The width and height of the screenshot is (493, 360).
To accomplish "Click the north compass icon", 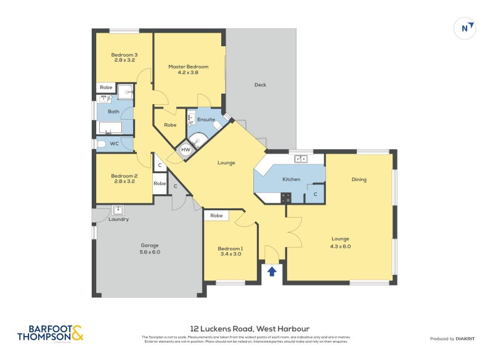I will point(465,28).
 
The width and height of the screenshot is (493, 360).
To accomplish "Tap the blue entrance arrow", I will point(272,271).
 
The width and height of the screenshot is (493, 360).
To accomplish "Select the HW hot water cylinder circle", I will point(185,150).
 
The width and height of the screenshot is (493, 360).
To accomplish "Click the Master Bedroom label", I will point(189,70).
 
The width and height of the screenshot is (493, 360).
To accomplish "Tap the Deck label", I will point(260,85).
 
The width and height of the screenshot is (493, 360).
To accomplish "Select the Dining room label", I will point(359,180).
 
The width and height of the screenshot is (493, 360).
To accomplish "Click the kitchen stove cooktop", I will point(287,198).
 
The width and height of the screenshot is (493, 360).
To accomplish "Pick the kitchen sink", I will point(301,159).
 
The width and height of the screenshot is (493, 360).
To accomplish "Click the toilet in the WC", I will point(102,144).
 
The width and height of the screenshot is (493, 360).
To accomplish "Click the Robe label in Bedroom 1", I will point(216,216).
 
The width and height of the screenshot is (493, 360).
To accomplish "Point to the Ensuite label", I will point(206,120).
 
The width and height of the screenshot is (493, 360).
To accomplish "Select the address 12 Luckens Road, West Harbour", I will point(250,329).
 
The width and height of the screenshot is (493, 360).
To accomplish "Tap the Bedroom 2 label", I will point(124,179).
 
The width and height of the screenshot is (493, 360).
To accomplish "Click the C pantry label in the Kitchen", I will point(316,194).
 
